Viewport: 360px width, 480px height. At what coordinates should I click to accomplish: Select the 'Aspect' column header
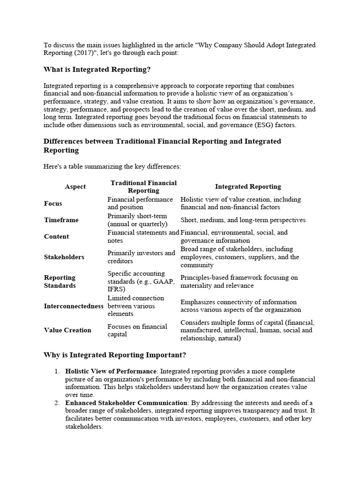[x=75, y=187]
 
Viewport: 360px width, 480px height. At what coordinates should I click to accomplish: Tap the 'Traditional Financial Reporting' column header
[x=143, y=187]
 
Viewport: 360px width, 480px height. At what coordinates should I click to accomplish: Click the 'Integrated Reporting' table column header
[x=248, y=187]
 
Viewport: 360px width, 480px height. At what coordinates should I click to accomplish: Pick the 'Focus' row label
[x=53, y=203]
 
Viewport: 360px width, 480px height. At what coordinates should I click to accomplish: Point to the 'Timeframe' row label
[x=61, y=220]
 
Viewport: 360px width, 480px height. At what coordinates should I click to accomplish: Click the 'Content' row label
[x=56, y=237]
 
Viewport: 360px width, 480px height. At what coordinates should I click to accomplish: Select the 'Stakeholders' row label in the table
[x=64, y=257]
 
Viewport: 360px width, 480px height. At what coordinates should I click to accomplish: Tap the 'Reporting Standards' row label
[x=60, y=281]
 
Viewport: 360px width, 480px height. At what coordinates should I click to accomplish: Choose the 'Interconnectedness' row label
[x=75, y=306]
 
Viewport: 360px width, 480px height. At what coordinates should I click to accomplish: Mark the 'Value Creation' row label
[x=67, y=330]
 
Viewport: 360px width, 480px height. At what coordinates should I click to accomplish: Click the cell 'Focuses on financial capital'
[x=137, y=330]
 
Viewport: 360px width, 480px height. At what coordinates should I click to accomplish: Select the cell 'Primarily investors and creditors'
[x=141, y=257]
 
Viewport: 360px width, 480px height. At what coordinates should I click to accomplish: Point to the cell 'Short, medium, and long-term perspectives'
[x=243, y=220]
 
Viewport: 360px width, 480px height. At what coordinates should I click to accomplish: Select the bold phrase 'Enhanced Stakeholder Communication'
[x=126, y=403]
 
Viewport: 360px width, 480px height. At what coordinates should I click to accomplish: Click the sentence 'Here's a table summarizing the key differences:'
[x=112, y=166]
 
